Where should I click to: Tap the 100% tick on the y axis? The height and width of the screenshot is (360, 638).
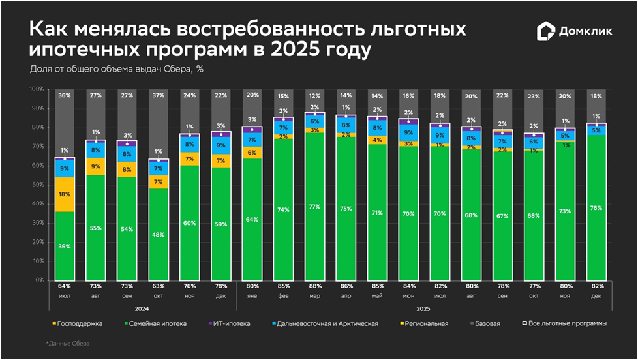pyautogui.click(x=37, y=89)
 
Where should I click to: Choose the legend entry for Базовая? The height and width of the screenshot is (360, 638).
pyautogui.click(x=483, y=323)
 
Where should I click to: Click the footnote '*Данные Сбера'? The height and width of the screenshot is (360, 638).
pyautogui.click(x=67, y=343)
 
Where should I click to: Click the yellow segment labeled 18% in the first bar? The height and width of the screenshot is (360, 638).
pyautogui.click(x=65, y=194)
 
